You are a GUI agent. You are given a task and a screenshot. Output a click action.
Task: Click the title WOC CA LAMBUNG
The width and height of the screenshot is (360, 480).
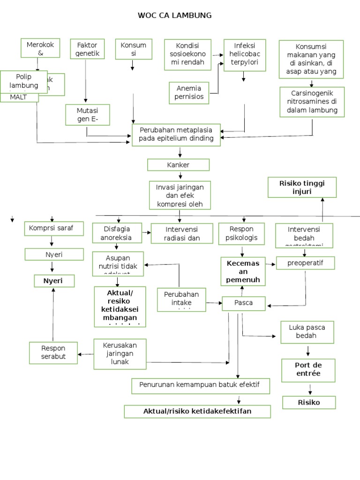click(174, 15)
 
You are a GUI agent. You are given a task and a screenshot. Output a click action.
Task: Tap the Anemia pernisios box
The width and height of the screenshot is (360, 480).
click(189, 92)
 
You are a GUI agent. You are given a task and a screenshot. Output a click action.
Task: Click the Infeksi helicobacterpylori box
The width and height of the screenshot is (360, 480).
click(244, 55)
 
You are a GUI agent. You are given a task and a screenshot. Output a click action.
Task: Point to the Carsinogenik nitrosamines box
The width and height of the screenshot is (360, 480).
click(312, 102)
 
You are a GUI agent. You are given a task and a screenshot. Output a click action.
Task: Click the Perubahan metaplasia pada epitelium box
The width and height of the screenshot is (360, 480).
click(176, 135)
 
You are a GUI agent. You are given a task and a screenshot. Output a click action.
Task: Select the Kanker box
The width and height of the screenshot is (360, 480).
click(178, 165)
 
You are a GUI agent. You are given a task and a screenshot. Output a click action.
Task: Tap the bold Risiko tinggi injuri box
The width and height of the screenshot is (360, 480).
click(301, 187)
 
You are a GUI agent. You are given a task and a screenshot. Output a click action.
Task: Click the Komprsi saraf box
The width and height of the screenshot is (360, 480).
click(54, 229)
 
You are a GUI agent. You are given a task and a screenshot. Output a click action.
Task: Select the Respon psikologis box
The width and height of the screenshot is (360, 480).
click(241, 234)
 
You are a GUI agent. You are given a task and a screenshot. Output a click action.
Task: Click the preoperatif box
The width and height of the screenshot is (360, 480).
click(305, 263)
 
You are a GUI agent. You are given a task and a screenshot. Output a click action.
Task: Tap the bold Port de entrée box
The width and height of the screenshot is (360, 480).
click(308, 370)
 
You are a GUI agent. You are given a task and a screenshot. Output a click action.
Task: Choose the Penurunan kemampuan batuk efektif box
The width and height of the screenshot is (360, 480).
click(201, 386)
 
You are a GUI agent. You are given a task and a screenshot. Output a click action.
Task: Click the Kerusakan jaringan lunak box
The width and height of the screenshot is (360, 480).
click(120, 354)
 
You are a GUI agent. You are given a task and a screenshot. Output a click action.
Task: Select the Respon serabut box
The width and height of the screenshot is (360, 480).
click(53, 353)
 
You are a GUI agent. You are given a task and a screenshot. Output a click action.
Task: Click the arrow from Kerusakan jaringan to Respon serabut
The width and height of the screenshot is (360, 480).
click(85, 354)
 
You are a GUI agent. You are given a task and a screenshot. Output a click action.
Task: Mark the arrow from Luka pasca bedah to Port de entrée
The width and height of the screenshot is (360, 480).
click(308, 351)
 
